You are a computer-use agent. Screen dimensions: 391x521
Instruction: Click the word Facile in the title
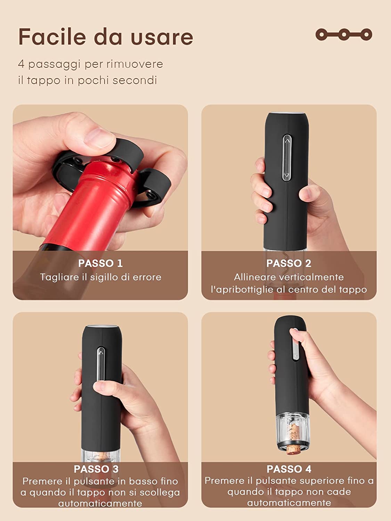click(52, 37)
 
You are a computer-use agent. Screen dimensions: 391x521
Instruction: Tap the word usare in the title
click(162, 38)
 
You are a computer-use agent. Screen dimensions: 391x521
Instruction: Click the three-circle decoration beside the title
click(344, 35)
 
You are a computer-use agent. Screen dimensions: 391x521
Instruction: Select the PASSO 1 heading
click(100, 263)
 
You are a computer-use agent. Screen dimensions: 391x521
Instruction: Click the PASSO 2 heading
click(289, 263)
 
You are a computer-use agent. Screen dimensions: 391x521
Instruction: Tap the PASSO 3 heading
click(96, 469)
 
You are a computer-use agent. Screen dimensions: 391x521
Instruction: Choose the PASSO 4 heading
click(289, 469)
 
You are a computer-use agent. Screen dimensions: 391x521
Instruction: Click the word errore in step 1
click(147, 277)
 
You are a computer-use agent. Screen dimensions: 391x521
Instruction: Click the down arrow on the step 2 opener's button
click(287, 175)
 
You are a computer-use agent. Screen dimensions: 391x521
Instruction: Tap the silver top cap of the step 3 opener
click(102, 326)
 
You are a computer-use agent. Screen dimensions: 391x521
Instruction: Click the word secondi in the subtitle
click(135, 81)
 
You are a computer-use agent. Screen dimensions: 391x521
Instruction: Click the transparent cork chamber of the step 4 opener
click(294, 429)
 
